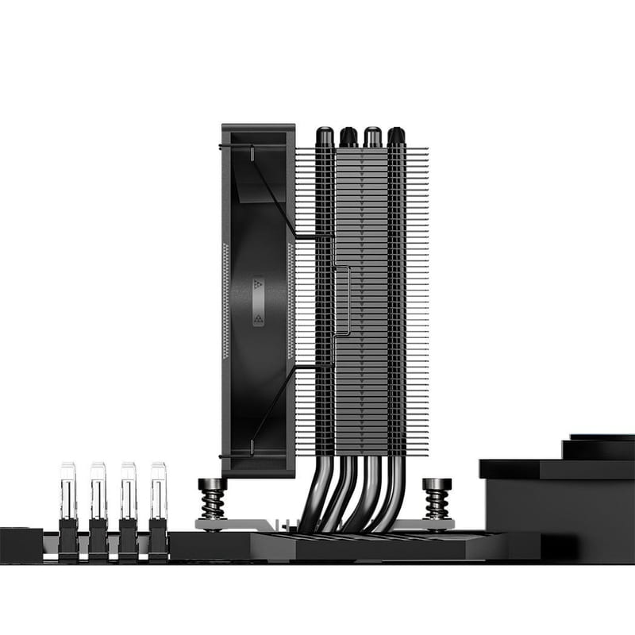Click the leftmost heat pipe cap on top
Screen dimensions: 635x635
click(x=325, y=137)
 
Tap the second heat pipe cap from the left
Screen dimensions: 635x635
click(x=348, y=137)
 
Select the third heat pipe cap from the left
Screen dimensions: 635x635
click(x=371, y=137)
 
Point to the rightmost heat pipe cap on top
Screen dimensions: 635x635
click(x=394, y=137)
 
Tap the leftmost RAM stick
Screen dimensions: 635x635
click(x=67, y=508)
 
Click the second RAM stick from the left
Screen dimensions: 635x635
click(x=98, y=508)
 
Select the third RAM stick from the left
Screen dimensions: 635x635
click(x=128, y=508)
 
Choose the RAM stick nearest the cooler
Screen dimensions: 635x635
click(x=158, y=508)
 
